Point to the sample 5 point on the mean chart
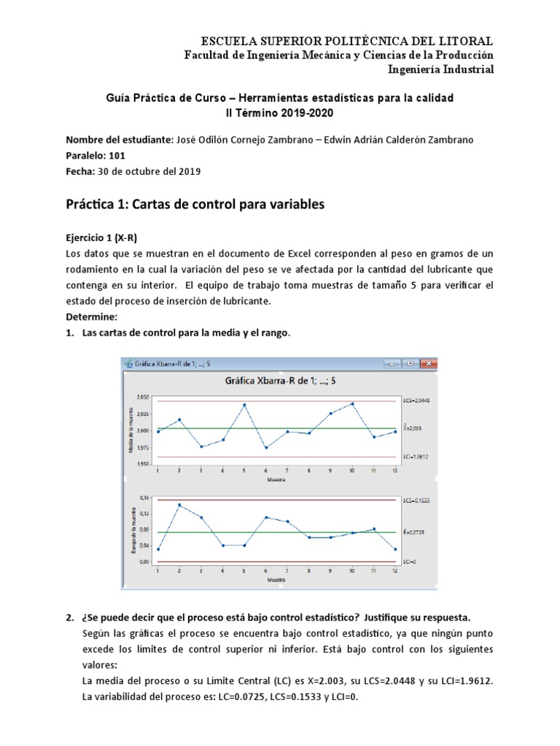244,404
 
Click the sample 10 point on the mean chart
352,403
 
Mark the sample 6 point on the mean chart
265,447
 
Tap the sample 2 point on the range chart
179,505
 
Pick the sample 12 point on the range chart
395,549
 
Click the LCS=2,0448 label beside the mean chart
416,401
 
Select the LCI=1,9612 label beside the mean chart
416,457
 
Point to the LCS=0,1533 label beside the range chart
416,500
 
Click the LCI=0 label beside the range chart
410,562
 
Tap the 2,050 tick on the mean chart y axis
143,397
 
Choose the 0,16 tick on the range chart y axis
144,498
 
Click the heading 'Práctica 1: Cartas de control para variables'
195,205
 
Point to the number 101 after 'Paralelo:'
117,155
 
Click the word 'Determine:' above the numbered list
90,318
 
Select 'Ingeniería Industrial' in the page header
443,69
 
